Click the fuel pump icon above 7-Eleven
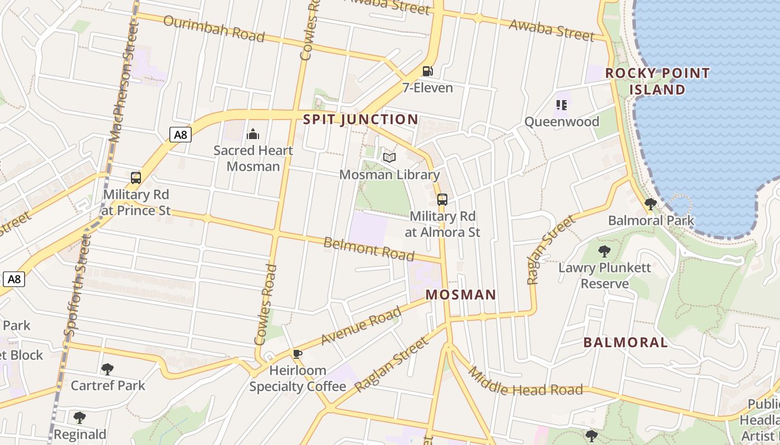coord(427,71)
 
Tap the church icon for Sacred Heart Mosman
coord(253,134)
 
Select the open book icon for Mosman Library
coord(389,158)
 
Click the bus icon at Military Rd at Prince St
coord(136,178)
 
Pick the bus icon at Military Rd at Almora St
coord(442,199)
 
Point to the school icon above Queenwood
coord(562,105)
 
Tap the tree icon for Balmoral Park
coord(650,204)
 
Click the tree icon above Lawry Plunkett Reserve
coord(604,251)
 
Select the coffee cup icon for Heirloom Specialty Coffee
coord(298,354)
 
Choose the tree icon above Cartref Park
coord(108,369)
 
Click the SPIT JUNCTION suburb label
coord(360,120)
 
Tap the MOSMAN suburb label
coord(461,295)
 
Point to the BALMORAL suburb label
coord(625,343)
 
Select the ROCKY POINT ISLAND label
coord(657,81)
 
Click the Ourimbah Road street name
coord(214,28)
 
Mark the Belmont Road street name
coord(369,249)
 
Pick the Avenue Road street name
coord(361,325)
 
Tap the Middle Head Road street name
coord(525,382)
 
